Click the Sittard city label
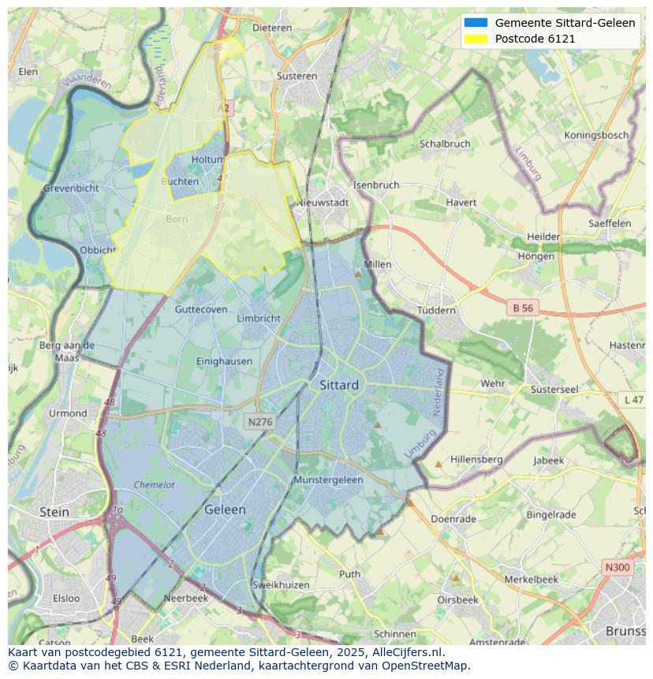339,385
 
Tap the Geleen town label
225,509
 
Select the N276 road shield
259,422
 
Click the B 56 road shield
522,308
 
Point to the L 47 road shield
633,400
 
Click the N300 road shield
617,567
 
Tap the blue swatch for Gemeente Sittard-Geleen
476,23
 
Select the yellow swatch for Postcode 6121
476,39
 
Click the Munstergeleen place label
328,479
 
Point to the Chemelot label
154,485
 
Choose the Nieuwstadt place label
323,203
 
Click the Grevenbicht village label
71,188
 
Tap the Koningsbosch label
596,135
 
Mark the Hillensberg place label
476,459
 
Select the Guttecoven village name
201,309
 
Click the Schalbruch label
445,144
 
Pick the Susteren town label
297,76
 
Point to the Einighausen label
224,361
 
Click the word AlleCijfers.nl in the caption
405,652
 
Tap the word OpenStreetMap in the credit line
426,665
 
